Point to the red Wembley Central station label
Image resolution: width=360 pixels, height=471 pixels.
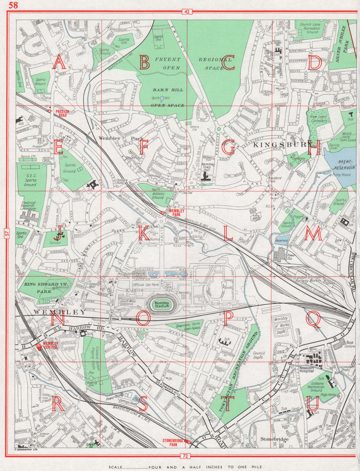click(x=50, y=345)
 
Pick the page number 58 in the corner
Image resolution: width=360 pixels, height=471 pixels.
click(x=13, y=5)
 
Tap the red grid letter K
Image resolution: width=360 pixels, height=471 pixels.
click(x=143, y=234)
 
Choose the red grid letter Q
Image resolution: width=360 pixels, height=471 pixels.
click(x=313, y=319)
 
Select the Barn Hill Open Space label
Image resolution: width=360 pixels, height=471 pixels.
click(x=167, y=98)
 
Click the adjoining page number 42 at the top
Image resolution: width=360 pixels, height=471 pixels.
click(x=186, y=12)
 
